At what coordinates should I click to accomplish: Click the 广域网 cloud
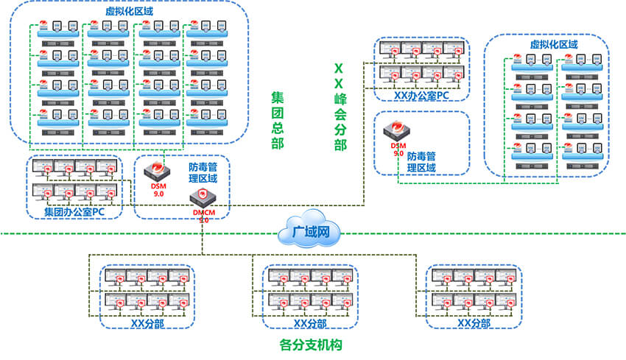[309, 233]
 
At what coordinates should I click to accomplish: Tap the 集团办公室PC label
[73, 212]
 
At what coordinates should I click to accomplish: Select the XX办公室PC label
[421, 95]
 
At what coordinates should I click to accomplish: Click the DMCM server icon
[202, 198]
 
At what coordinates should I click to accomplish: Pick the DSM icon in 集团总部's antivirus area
[156, 172]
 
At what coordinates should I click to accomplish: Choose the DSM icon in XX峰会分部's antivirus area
[397, 132]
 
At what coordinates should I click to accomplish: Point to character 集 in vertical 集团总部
[278, 98]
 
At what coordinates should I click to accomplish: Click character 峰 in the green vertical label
[339, 98]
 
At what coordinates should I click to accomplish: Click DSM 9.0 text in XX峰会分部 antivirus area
[397, 149]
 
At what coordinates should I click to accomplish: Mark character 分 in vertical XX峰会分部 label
[339, 130]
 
